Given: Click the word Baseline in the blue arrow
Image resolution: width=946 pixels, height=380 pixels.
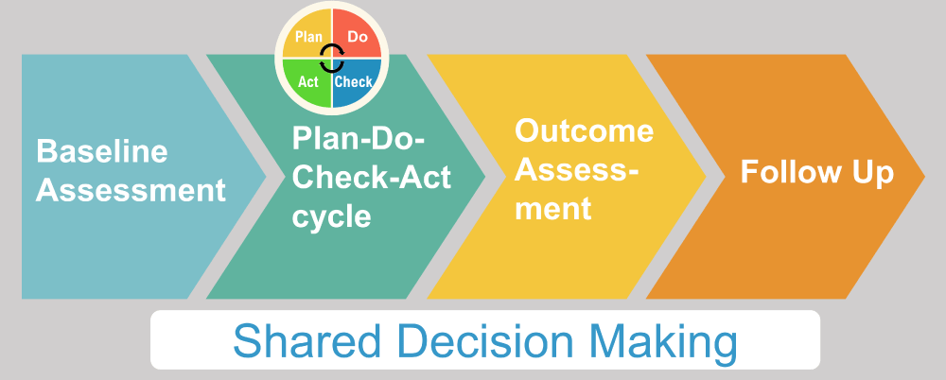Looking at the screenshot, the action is [102, 150].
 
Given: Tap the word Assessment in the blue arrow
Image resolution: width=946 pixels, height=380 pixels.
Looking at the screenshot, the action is [131, 189].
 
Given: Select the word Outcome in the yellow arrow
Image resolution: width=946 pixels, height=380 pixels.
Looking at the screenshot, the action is [584, 130].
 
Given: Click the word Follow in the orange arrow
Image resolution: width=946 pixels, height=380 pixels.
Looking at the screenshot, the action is [786, 172].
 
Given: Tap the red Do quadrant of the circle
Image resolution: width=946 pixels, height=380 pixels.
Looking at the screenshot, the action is [357, 34].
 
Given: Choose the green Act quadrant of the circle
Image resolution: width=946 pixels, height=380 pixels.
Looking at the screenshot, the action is [307, 83].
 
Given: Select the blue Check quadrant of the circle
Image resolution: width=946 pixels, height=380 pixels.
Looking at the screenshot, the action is [357, 83].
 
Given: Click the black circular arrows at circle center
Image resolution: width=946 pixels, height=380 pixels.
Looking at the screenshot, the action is [332, 59].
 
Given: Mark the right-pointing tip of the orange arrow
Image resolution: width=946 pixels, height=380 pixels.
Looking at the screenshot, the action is [924, 176].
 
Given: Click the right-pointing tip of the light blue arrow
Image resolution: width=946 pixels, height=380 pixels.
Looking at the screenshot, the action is [266, 176].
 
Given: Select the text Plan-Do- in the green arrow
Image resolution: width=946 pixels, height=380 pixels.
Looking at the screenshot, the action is [359, 139].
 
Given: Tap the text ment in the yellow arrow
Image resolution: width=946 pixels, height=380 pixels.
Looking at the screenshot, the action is [552, 208].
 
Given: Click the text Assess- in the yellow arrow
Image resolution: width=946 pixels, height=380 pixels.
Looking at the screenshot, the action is [576, 169].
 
